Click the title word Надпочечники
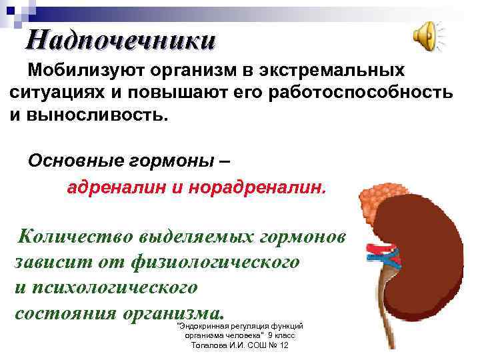[x=121, y=40]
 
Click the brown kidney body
[x=427, y=267]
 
